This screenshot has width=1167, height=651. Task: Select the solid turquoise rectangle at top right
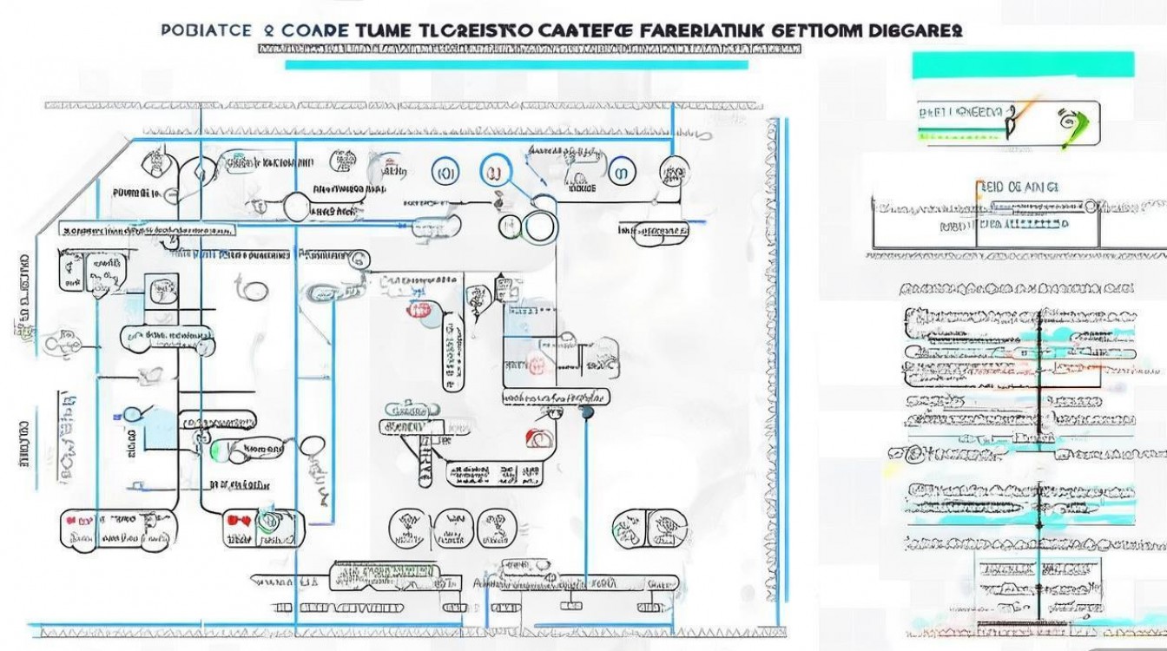1022,66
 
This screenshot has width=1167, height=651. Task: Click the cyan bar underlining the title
516,64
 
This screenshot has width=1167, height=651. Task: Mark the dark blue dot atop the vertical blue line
587,412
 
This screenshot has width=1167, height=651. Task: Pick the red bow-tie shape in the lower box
236,522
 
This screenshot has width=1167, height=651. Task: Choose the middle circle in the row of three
449,524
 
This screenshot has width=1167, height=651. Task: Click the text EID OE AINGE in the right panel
1020,186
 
